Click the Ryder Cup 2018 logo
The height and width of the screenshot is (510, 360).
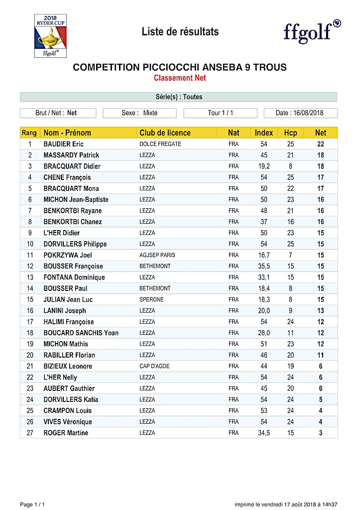50,35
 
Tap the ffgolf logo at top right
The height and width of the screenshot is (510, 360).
312,31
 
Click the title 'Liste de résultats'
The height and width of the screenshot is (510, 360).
180,32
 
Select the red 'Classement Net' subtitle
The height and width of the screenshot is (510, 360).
180,78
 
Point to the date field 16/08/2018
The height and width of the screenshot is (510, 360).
300,113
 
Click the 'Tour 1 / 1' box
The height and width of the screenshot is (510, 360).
220,113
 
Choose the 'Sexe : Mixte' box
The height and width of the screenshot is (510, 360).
139,113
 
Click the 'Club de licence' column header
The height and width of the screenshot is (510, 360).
165,132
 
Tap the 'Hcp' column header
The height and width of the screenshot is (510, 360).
290,132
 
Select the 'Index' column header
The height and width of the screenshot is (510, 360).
264,132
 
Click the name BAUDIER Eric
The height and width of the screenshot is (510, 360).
63,144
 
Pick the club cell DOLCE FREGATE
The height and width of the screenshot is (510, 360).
160,144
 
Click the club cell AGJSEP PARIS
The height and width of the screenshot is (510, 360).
157,255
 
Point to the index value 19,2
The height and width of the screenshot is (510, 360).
264,166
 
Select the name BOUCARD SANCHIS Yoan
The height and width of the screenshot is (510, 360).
81,333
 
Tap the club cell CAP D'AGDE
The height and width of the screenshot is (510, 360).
154,366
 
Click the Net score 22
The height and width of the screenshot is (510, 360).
321,144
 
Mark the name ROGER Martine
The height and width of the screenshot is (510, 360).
66,433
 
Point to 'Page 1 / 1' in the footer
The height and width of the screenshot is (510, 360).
32,505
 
